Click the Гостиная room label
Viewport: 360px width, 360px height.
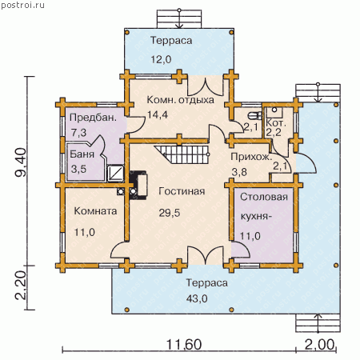[182, 191]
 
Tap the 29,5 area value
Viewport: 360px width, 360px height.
[170, 213]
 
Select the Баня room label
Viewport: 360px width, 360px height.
[82, 154]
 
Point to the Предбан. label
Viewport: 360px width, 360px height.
[93, 118]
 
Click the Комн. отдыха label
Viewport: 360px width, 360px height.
[181, 100]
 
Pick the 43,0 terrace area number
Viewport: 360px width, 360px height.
[197, 298]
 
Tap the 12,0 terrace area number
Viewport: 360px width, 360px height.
[161, 59]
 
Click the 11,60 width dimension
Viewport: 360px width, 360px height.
[184, 345]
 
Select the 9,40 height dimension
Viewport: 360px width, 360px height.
[21, 162]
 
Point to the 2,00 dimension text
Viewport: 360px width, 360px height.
[319, 345]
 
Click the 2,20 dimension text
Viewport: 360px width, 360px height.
[21, 286]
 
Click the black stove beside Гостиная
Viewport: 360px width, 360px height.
[138, 185]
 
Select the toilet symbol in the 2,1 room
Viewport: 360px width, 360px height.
[255, 115]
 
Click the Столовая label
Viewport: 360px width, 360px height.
[264, 197]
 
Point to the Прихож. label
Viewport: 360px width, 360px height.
[251, 157]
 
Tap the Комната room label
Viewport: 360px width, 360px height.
[95, 211]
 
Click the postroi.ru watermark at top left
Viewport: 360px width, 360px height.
[22, 5]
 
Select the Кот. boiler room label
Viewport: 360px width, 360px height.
[276, 123]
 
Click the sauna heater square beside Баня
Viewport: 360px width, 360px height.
[115, 174]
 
